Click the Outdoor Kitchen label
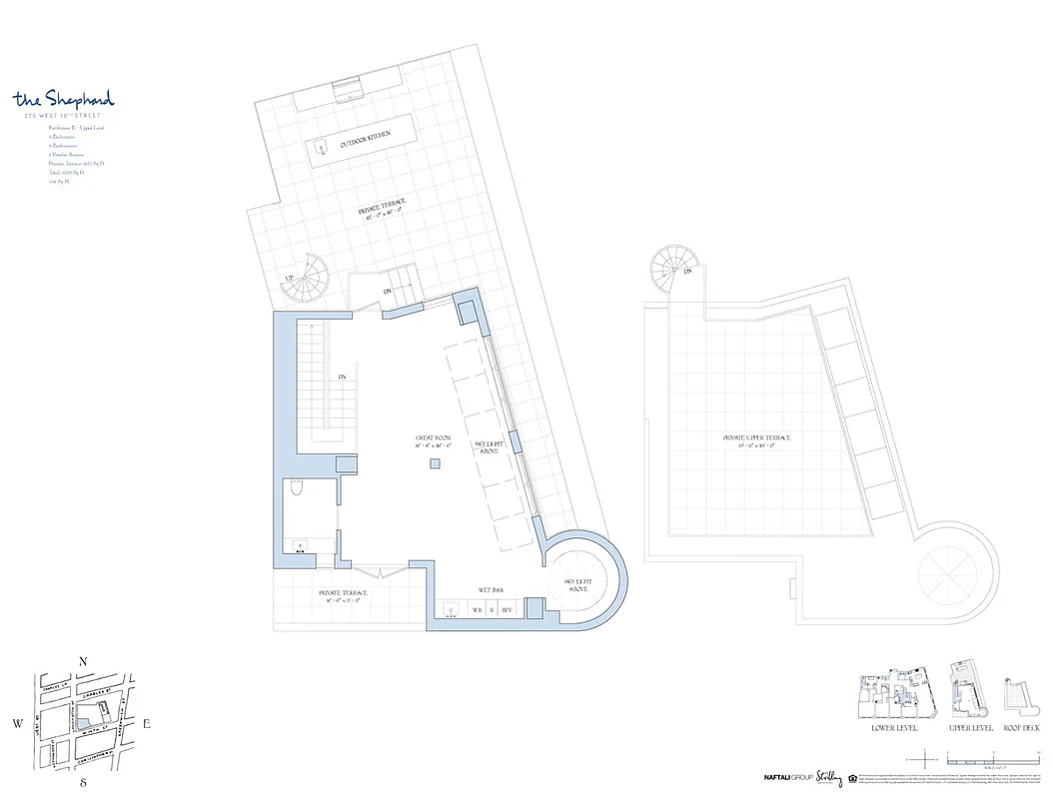[x=365, y=142]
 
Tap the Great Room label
[x=435, y=441]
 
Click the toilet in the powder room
[x=297, y=488]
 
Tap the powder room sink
[x=300, y=546]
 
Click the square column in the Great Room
[x=436, y=463]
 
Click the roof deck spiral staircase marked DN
[x=672, y=269]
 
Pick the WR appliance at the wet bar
[x=477, y=608]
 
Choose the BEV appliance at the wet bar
[x=507, y=608]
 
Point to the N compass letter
[x=85, y=661]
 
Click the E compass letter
[x=146, y=724]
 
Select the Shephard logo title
[x=64, y=99]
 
